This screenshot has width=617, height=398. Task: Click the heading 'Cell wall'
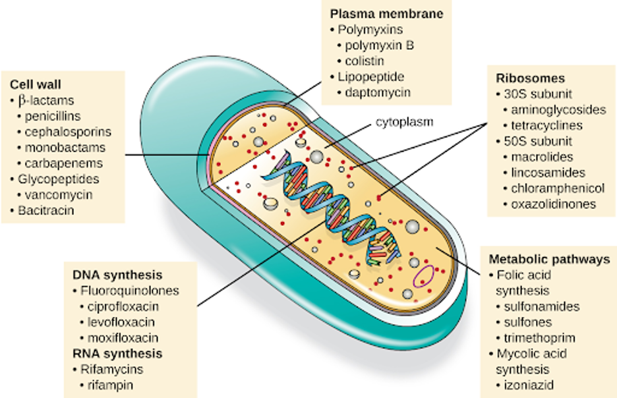[x=36, y=84]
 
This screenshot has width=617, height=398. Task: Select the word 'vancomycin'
[x=59, y=194]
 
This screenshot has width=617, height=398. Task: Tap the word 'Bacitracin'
[x=46, y=210]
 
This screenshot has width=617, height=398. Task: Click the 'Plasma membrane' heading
[x=387, y=14]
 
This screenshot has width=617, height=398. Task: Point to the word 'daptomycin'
[x=378, y=92]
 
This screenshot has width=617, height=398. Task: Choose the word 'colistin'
[x=365, y=61]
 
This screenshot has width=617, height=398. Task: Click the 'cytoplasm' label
[x=405, y=122]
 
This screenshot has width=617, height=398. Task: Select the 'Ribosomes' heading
[x=530, y=78]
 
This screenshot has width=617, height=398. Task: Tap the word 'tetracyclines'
[x=546, y=125]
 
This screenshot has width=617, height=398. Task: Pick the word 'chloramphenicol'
[x=558, y=188]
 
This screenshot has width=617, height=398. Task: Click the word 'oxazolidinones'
[x=553, y=204]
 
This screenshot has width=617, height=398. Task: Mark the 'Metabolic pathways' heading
[x=549, y=259]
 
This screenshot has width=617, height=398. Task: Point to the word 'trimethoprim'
[x=539, y=338]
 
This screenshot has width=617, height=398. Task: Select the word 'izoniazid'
[x=529, y=385]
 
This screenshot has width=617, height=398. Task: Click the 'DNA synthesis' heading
[x=117, y=275]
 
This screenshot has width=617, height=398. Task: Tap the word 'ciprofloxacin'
[x=123, y=306]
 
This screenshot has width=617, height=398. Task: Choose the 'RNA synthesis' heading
[x=117, y=354]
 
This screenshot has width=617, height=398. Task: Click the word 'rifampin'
[x=110, y=385]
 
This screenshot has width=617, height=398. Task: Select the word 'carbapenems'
[x=64, y=163]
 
